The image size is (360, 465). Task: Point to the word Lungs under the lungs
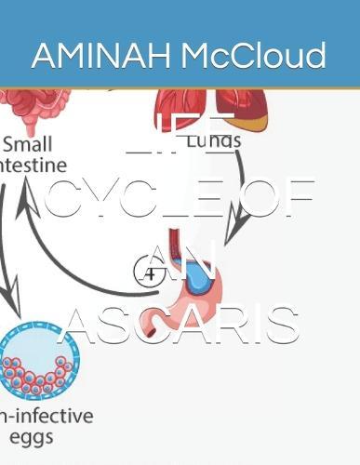[x=215, y=141]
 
